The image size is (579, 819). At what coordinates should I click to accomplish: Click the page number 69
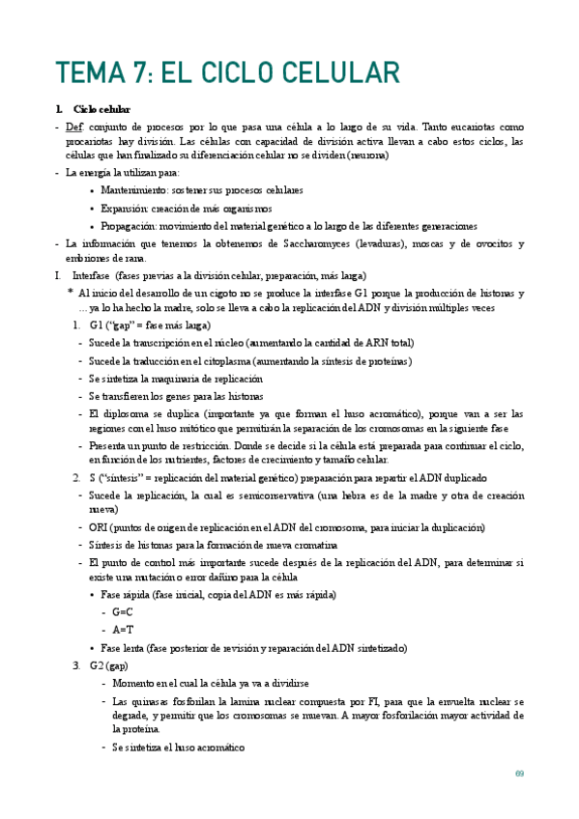[x=519, y=773]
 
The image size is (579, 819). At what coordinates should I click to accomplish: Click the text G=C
[x=122, y=612]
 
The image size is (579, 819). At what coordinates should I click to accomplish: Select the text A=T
[x=122, y=630]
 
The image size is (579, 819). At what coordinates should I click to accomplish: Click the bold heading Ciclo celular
[x=101, y=109]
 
